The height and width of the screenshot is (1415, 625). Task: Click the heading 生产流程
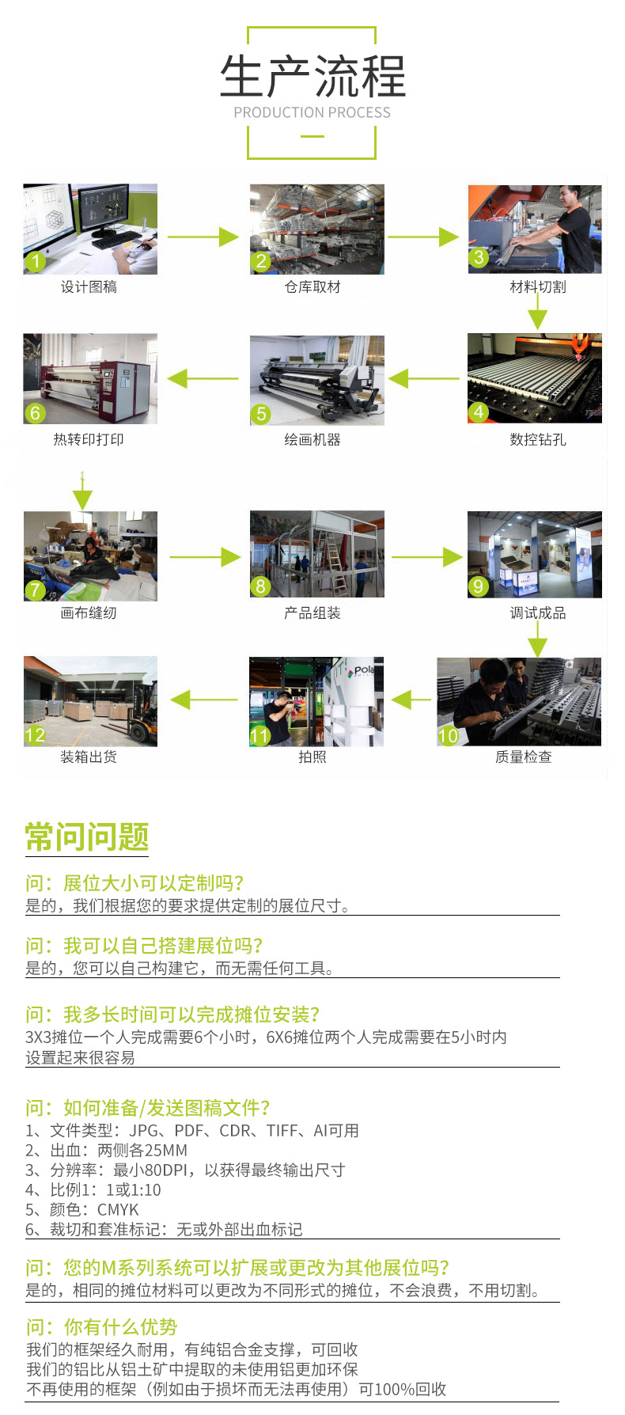(312, 77)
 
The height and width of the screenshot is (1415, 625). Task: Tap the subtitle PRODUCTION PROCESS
(312, 112)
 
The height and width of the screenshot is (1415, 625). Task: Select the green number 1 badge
(35, 261)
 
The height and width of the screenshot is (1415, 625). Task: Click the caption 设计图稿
(89, 286)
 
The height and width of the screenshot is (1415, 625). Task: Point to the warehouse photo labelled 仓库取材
(317, 230)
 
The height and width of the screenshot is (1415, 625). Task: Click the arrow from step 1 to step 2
(203, 237)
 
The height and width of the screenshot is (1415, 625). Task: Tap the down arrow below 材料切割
(537, 311)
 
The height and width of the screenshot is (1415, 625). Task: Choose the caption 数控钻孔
(538, 439)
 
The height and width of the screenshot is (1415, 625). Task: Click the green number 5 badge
(260, 414)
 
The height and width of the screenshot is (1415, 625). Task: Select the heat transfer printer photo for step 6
(90, 378)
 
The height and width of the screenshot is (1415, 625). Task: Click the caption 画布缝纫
(89, 613)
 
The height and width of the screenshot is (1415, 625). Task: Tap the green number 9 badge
(478, 586)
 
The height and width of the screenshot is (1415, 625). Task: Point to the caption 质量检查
(524, 757)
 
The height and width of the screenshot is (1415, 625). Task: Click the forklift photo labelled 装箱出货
(90, 701)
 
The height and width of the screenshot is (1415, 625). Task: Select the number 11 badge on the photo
(259, 736)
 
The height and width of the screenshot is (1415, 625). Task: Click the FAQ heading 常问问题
(87, 836)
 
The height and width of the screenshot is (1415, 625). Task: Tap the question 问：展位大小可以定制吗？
(135, 883)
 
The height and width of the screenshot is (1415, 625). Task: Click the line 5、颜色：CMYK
(82, 1209)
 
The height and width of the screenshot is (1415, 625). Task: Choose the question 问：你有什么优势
(101, 1327)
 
